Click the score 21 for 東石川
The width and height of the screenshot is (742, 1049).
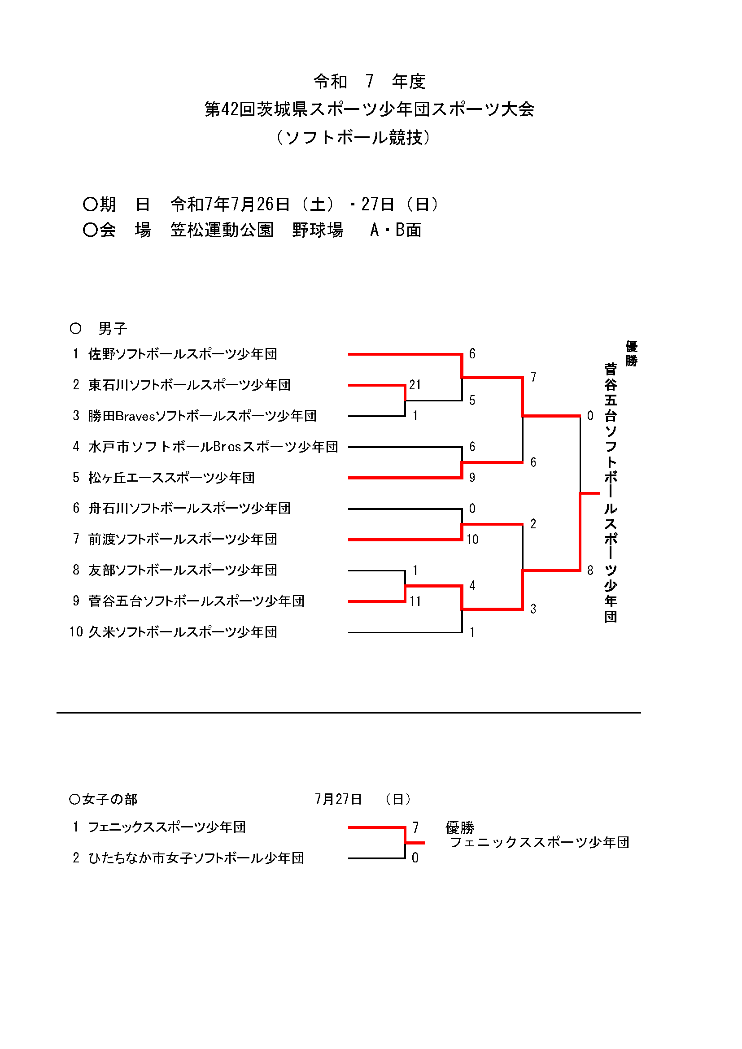click(x=415, y=385)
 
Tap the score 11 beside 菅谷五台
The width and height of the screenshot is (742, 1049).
click(x=415, y=601)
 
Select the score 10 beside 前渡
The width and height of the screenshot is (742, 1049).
click(x=472, y=540)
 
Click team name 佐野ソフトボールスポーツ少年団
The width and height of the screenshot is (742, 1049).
click(x=183, y=354)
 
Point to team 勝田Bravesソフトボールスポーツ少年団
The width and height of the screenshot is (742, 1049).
click(x=202, y=416)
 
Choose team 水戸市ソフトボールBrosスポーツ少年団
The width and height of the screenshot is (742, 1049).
click(x=214, y=447)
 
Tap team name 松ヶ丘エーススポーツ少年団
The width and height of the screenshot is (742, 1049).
click(x=172, y=478)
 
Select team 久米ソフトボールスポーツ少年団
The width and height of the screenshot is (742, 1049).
click(x=183, y=632)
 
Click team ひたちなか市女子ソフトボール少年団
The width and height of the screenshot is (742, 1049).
click(x=196, y=858)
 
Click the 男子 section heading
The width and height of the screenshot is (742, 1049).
click(x=113, y=328)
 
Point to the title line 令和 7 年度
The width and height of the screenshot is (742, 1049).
click(x=369, y=82)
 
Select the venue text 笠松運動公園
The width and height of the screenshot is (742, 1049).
click(x=222, y=230)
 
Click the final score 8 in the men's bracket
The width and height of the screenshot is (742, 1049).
click(x=590, y=570)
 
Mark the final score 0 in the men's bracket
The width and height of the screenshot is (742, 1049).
click(x=590, y=416)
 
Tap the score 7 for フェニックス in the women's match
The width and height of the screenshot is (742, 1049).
click(x=415, y=827)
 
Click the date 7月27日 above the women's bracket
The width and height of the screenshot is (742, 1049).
click(x=339, y=799)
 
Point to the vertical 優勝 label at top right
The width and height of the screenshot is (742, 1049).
click(x=632, y=353)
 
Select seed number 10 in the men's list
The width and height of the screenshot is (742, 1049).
click(x=76, y=632)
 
